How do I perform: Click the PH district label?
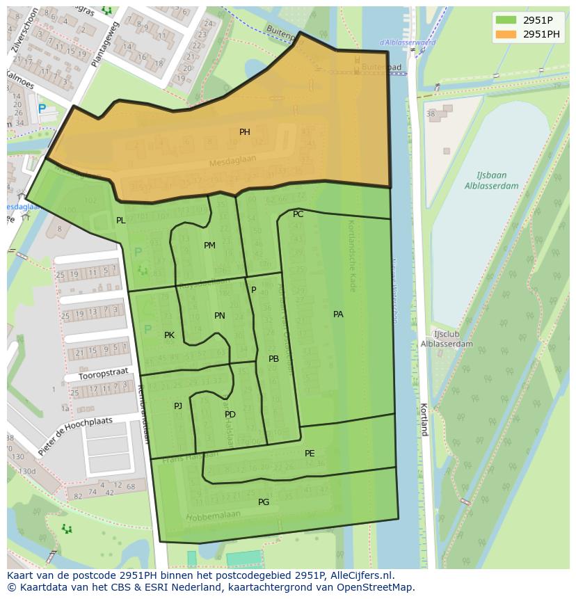point(245,132)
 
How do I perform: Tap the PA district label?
point(338,314)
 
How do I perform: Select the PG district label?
point(264,502)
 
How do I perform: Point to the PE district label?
point(310,454)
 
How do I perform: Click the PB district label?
point(273,359)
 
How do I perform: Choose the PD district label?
point(230,415)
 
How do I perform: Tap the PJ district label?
point(178,406)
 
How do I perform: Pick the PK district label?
point(169,335)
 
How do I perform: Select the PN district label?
point(220,316)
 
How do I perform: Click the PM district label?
point(209,246)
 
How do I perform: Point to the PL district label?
point(121,221)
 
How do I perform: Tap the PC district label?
point(298,214)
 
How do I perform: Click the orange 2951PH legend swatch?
point(506,34)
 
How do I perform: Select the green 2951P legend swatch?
point(506,20)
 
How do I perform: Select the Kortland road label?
point(423,419)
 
